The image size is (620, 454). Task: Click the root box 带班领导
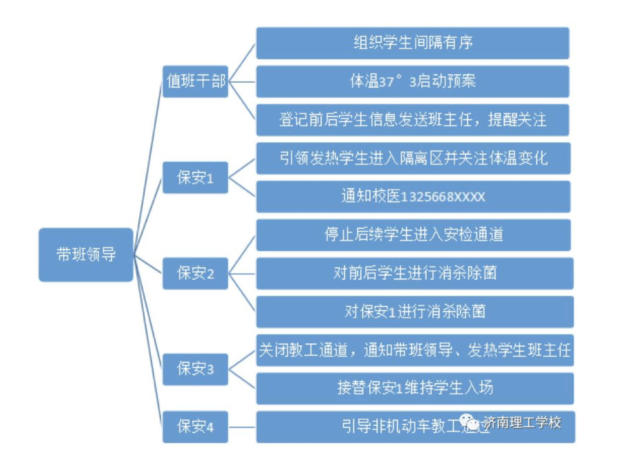click(x=86, y=255)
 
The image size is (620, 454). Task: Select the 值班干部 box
click(x=195, y=81)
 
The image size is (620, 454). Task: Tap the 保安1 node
click(x=195, y=178)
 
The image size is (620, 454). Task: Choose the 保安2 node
click(x=195, y=273)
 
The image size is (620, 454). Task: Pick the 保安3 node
click(x=195, y=369)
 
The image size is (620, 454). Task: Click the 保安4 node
click(x=195, y=427)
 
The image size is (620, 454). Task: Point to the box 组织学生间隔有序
click(x=413, y=43)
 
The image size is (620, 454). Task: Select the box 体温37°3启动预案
click(x=413, y=81)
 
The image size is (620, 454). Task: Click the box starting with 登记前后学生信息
click(x=413, y=120)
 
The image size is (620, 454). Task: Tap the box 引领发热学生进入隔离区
click(x=413, y=158)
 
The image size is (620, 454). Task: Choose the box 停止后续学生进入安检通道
click(x=413, y=235)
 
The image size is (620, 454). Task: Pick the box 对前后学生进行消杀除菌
click(x=415, y=273)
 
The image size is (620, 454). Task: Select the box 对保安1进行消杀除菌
click(x=415, y=312)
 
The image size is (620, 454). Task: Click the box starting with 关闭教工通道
click(x=415, y=350)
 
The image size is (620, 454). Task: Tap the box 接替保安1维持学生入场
click(x=415, y=388)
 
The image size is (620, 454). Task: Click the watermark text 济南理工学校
click(x=523, y=422)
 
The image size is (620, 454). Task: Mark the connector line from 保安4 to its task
click(x=242, y=427)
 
